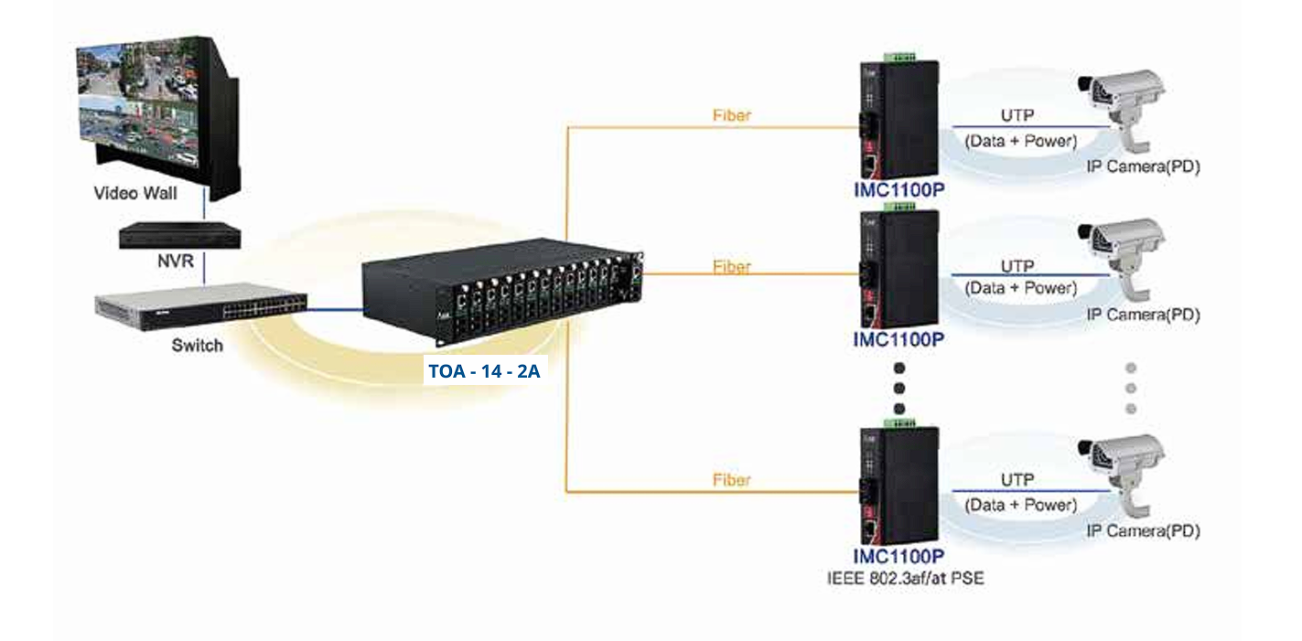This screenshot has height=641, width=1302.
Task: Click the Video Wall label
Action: coord(135,194)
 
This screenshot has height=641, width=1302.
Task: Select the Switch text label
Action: coord(197,346)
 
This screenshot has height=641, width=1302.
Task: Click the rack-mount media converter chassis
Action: coord(503,283)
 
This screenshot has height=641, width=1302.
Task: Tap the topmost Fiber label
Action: coord(731,116)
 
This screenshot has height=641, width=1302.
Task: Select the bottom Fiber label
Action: coord(731,480)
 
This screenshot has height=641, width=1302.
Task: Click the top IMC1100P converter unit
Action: coord(898,119)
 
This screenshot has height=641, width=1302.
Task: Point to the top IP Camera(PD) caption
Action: coord(1143,167)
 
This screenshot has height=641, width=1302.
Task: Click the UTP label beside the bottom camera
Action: coord(1017,480)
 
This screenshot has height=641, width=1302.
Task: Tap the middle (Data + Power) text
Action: coord(1021,288)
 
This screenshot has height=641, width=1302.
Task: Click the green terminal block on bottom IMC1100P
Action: coord(900,423)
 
